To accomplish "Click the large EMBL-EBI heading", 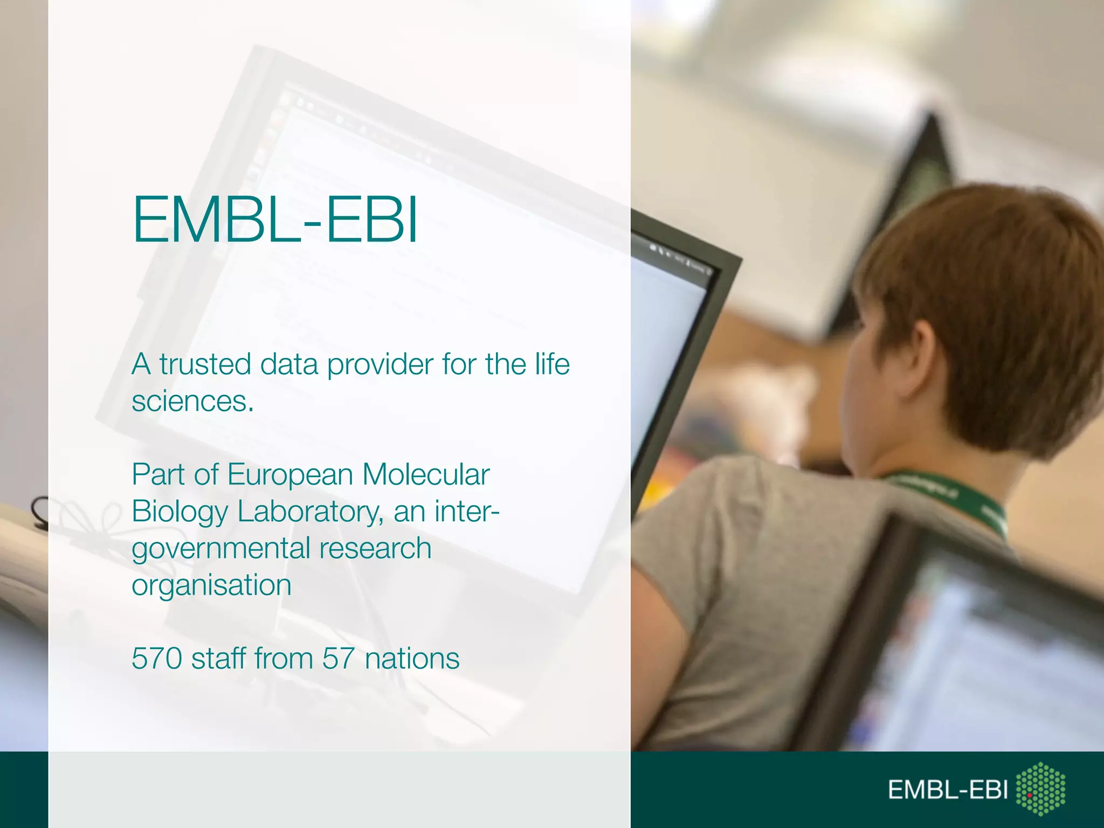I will [275, 220].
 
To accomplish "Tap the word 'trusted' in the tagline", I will [205, 364].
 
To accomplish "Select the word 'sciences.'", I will [192, 402].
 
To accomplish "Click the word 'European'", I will [291, 475].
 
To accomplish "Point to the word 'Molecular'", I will [426, 475].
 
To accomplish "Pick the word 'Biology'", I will [180, 512].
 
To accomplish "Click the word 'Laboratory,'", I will [310, 512].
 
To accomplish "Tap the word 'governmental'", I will [221, 549].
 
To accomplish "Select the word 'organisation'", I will [211, 585].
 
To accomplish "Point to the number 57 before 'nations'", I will [339, 659].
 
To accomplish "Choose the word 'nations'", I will [412, 659].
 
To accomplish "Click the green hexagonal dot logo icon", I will [1040, 789].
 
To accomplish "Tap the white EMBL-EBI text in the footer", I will [948, 790].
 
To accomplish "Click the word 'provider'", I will [380, 365].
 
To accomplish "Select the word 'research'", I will [375, 548].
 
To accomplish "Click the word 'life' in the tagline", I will [552, 364].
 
